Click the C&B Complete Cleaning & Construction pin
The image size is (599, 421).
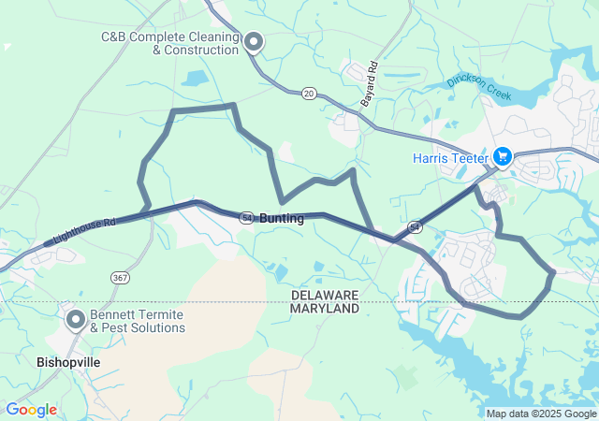click(x=253, y=41)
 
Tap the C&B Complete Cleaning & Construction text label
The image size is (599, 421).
click(x=168, y=43)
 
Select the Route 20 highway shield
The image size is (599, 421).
click(x=309, y=94)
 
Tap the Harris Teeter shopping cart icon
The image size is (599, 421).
click(x=502, y=156)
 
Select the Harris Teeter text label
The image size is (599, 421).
click(x=450, y=158)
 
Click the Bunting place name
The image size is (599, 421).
click(x=281, y=218)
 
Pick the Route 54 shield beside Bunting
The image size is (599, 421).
click(x=245, y=216)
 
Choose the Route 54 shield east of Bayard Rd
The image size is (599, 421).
click(x=415, y=227)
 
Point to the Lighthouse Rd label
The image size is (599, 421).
click(x=84, y=232)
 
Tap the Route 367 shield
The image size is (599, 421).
click(x=120, y=277)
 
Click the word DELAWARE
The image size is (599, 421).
click(x=325, y=295)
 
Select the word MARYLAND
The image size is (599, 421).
click(x=325, y=308)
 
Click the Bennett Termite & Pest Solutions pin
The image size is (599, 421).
click(x=76, y=321)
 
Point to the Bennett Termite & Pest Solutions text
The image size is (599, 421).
click(x=138, y=322)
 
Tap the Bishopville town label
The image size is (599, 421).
click(x=67, y=361)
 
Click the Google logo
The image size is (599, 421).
click(x=31, y=410)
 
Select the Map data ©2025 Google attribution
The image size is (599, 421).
click(x=540, y=414)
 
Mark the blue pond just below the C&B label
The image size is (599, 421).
click(x=196, y=79)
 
